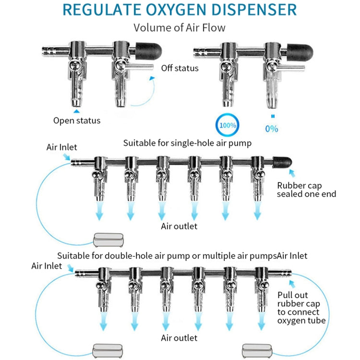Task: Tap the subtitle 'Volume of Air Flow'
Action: [179, 27]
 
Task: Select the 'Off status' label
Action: [180, 68]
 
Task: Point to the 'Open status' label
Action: [77, 120]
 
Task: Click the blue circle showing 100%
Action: [228, 125]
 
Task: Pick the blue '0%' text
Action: [271, 129]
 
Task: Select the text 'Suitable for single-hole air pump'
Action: [187, 143]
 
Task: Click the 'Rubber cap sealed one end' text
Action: [307, 190]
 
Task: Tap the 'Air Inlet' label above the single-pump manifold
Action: [61, 147]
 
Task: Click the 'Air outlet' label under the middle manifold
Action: [179, 226]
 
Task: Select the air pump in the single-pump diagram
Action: [109, 239]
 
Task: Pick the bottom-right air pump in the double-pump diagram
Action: [260, 349]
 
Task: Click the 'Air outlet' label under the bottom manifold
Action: [179, 338]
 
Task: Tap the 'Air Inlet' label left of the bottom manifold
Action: [47, 265]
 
